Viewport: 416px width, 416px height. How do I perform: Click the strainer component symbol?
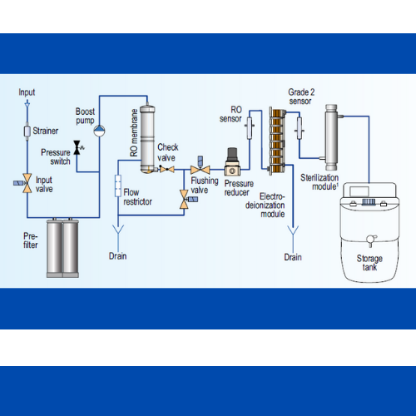point(27,131)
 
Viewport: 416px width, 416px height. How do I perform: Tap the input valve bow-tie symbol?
point(27,183)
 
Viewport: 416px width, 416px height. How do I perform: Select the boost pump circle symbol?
point(99,131)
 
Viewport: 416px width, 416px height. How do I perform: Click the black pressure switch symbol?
point(77,147)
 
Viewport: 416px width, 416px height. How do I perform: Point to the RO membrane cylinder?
point(147,139)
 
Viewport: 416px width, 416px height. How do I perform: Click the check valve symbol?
point(167,169)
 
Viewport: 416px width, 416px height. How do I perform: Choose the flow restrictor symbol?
point(118,186)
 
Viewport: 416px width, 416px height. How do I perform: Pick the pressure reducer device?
point(232,162)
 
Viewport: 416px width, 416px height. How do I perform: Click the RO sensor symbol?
point(250,127)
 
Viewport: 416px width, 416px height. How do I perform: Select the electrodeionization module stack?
point(277,141)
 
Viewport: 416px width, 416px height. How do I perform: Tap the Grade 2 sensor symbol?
point(300,128)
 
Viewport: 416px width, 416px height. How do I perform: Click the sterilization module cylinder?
point(331,137)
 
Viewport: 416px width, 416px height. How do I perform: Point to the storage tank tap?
point(370,240)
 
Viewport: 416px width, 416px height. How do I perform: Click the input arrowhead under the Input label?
point(27,104)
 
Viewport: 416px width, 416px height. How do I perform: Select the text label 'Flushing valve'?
point(205,186)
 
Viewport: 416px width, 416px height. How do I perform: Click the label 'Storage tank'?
point(369,263)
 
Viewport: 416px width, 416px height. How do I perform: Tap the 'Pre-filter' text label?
point(31,240)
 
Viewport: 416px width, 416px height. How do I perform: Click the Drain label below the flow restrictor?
point(117,256)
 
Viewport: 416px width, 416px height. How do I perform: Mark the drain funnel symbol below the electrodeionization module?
point(293,230)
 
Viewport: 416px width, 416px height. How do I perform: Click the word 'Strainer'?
point(46,131)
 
